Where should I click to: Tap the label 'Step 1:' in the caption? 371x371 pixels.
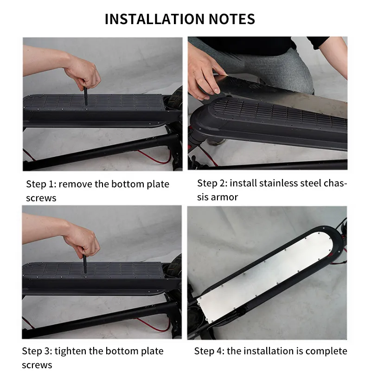pyautogui.click(x=41, y=184)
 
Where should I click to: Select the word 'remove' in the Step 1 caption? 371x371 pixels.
pyautogui.click(x=75, y=184)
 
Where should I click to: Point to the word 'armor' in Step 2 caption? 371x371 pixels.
pyautogui.click(x=224, y=197)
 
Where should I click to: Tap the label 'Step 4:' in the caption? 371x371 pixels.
pyautogui.click(x=209, y=351)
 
